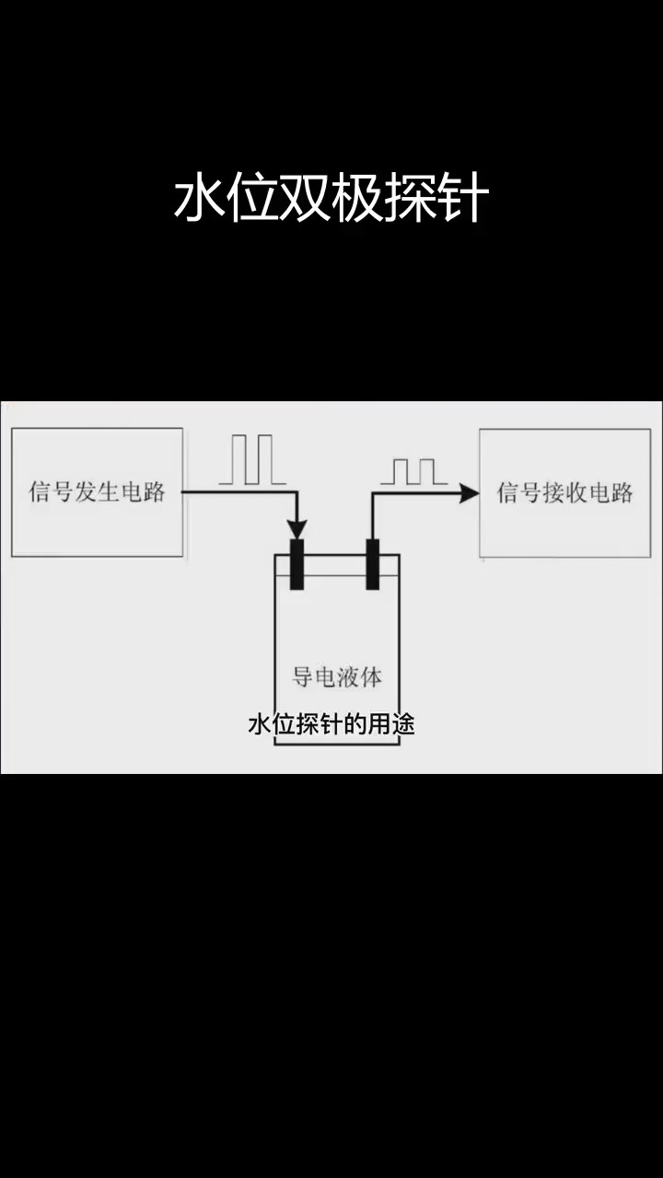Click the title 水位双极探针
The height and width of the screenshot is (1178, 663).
(x=331, y=199)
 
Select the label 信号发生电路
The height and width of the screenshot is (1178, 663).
(x=97, y=491)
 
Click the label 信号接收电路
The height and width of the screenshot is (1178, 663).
(x=564, y=492)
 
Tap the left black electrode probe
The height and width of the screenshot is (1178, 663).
(x=297, y=564)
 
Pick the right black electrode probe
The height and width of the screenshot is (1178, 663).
(x=373, y=564)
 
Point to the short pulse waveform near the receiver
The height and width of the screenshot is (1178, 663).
(x=413, y=471)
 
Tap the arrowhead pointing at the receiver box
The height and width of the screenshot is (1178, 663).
(x=469, y=493)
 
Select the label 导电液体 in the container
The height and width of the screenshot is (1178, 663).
(x=337, y=677)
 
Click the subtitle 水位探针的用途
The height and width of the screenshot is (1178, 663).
(x=331, y=724)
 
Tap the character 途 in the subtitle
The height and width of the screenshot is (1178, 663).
(x=403, y=724)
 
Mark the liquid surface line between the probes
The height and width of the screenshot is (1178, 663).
(x=335, y=577)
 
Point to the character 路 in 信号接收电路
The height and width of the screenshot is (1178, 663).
(x=622, y=492)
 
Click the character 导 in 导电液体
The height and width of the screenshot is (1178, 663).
(x=303, y=677)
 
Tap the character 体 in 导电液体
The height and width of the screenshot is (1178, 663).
(x=371, y=677)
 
